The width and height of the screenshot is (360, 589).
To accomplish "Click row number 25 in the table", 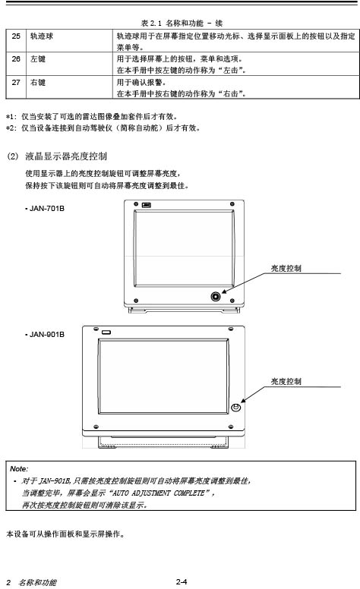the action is coord(16,36).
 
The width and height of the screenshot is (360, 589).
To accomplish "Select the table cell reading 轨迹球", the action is coord(42,36).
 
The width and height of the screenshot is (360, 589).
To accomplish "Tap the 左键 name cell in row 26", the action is coord(38,59).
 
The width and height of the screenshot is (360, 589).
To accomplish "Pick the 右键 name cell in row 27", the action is coord(38,82).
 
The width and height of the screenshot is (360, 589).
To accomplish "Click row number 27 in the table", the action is coord(16,82).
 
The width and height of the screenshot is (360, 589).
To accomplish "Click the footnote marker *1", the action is coord(11,117).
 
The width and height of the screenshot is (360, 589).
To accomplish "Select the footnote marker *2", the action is coord(11,128).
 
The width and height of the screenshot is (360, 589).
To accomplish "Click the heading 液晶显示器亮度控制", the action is coord(66,156).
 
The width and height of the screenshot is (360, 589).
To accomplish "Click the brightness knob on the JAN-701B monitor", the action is coord(216,296).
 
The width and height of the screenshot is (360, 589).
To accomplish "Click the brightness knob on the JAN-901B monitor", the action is coord(235,407).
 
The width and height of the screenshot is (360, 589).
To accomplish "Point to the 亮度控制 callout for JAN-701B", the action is coord(286,268).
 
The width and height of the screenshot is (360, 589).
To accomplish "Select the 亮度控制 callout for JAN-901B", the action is coord(286,381).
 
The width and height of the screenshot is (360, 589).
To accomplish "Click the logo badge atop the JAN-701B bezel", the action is coord(146,205).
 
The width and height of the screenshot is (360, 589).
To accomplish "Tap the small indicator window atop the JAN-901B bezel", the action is coord(106,332).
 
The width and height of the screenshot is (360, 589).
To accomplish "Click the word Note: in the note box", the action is coord(19,469).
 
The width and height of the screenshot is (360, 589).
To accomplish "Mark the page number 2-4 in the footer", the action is coord(181,582).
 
